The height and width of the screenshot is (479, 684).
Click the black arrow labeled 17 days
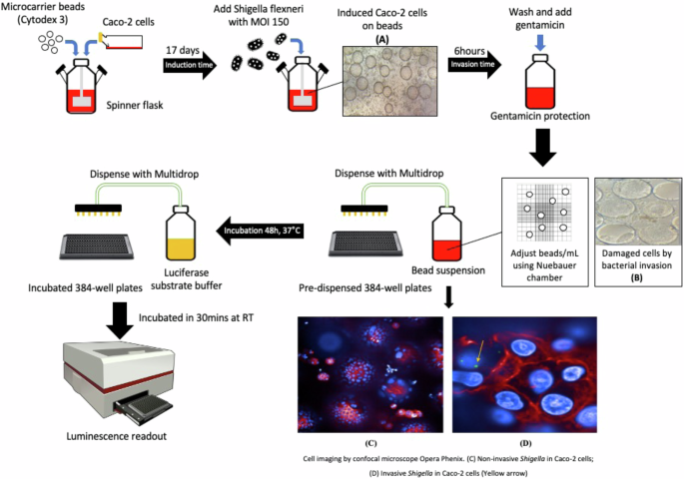click(190, 66)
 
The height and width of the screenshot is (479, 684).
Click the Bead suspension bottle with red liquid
click(445, 233)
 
